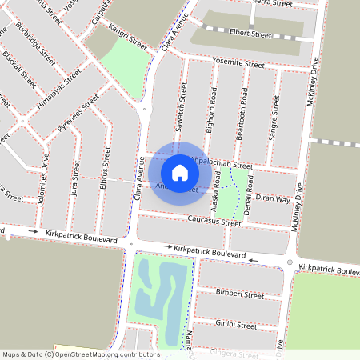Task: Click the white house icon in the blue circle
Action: point(180,172)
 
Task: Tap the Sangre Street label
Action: point(274,119)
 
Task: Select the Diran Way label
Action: point(273,199)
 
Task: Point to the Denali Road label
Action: point(249,190)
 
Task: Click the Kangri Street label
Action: point(126,34)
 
